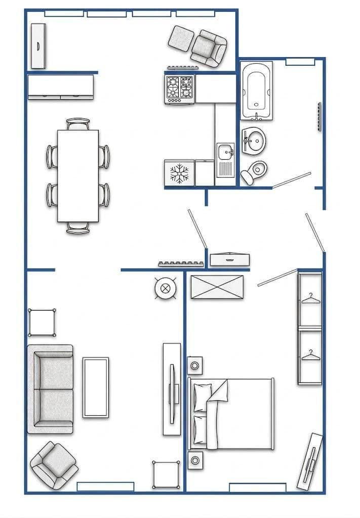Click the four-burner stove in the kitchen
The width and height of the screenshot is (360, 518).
(180, 89)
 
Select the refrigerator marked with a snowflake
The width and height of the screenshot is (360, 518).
(179, 173)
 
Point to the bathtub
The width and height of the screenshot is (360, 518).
(256, 91)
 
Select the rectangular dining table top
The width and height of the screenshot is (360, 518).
(77, 176)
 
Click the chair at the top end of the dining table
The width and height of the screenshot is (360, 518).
(78, 124)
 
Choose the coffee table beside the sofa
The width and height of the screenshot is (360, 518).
(96, 387)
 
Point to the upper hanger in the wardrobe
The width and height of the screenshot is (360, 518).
(311, 300)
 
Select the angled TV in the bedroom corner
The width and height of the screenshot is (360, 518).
(310, 461)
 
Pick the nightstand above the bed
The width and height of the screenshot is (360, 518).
(195, 364)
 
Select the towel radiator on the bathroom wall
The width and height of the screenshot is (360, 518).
(319, 117)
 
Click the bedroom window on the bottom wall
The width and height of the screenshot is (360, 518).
(257, 488)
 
